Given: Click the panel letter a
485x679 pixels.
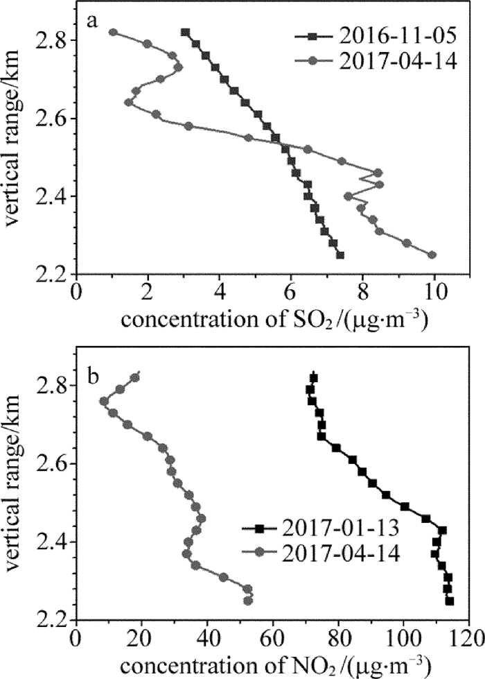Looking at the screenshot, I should click(91, 22).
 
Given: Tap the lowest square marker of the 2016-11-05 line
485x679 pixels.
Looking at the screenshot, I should click(340, 255).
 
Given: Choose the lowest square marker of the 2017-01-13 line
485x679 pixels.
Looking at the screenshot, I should click(450, 601).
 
